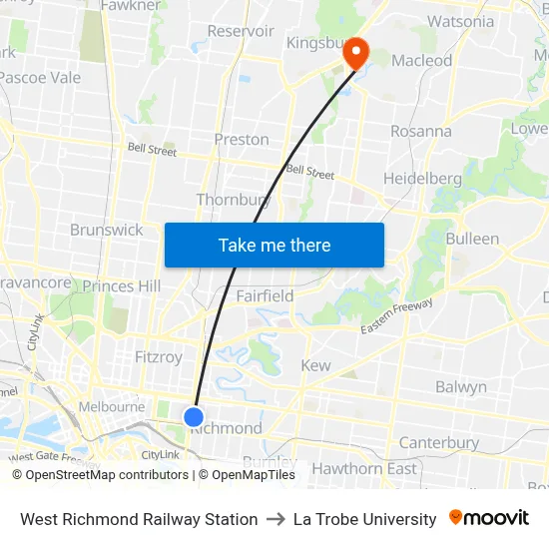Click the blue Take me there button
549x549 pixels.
click(x=274, y=245)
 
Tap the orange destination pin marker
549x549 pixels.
click(x=355, y=53)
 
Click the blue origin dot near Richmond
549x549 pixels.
click(x=194, y=417)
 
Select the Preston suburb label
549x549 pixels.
click(x=242, y=140)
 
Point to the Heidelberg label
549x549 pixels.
click(x=423, y=179)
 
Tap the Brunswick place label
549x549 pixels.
click(x=107, y=230)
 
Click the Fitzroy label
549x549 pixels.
click(x=159, y=356)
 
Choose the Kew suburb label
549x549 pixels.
click(x=315, y=365)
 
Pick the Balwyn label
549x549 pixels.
click(x=461, y=386)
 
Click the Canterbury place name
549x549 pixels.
click(x=439, y=442)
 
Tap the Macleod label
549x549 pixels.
click(x=421, y=61)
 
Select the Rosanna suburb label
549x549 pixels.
click(x=421, y=131)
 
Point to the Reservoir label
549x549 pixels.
click(x=241, y=31)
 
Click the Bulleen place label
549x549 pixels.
click(x=472, y=239)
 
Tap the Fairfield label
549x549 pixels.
click(x=266, y=295)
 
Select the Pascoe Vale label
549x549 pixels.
click(x=40, y=77)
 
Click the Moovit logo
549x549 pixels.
click(x=489, y=518)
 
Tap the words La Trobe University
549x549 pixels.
click(x=365, y=519)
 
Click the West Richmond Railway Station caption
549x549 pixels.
click(x=139, y=519)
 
